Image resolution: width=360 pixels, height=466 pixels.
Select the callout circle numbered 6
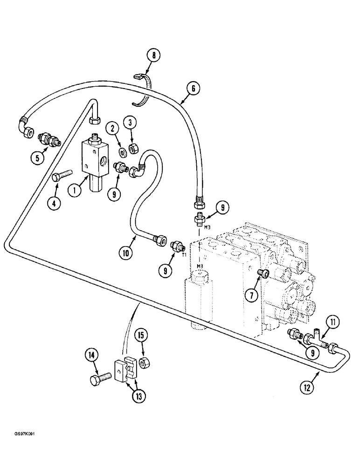point(193,87)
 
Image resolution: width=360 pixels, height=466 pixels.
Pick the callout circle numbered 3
point(130,123)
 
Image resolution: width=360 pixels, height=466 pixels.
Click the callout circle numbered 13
point(139,396)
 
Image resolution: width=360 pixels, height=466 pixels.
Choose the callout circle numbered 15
point(140,335)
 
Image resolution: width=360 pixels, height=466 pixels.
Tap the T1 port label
point(184,255)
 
